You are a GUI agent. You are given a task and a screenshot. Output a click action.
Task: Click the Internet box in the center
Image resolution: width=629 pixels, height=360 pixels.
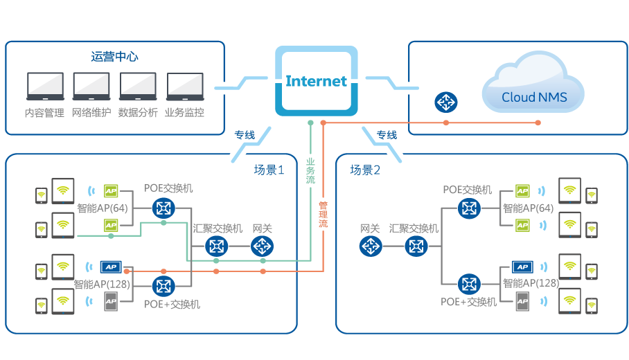pyautogui.click(x=316, y=80)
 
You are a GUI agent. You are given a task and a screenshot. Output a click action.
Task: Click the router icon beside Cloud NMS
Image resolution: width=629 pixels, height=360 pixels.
pyautogui.click(x=445, y=102)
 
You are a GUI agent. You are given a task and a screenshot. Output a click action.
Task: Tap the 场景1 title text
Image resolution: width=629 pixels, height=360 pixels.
pyautogui.click(x=269, y=170)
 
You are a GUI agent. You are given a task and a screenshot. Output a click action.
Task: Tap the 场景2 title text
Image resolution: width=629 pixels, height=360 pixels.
pyautogui.click(x=364, y=170)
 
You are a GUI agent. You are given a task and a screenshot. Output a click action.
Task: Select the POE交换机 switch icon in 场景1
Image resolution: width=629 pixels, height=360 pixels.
pyautogui.click(x=164, y=207)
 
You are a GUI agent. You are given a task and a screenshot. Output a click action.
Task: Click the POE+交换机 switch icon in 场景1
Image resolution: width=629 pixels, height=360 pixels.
pyautogui.click(x=164, y=285)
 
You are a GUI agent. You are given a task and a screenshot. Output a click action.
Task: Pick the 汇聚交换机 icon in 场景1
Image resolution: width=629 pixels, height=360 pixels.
pyautogui.click(x=218, y=246)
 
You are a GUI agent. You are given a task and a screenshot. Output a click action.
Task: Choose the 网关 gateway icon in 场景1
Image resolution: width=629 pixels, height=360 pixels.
pyautogui.click(x=262, y=246)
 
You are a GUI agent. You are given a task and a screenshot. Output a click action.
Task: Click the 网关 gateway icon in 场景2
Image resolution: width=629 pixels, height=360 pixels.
pyautogui.click(x=371, y=246)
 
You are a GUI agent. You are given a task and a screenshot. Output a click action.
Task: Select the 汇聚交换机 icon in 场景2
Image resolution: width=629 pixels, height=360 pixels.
pyautogui.click(x=416, y=246)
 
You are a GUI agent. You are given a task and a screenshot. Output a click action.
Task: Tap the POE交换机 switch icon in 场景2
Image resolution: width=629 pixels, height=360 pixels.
pyautogui.click(x=470, y=207)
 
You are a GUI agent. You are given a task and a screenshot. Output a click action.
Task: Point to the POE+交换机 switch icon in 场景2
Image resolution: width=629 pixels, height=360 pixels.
pyautogui.click(x=470, y=284)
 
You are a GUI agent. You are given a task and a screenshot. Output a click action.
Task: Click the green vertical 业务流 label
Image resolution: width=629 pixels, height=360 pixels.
pyautogui.click(x=310, y=170)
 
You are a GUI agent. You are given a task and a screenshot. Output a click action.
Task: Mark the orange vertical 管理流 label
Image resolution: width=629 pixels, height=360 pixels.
pyautogui.click(x=323, y=215)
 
